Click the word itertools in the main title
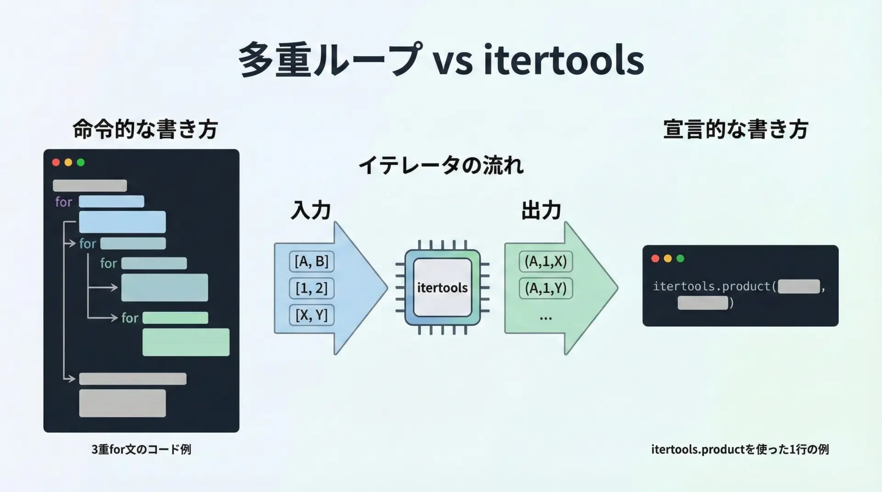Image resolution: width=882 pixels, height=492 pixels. (564, 60)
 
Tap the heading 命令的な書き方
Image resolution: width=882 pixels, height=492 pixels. (145, 129)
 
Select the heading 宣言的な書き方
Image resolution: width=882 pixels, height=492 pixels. (735, 129)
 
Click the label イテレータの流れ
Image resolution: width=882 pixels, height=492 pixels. (441, 165)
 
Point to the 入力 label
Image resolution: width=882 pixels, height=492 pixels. (311, 210)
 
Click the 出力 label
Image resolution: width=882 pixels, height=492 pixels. (541, 210)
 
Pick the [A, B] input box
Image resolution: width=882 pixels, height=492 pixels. (311, 262)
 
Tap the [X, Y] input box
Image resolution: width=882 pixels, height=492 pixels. (311, 315)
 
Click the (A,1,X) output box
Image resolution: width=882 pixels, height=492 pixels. (546, 262)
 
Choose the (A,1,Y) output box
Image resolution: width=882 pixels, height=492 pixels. (546, 288)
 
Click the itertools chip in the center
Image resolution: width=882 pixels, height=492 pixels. (442, 288)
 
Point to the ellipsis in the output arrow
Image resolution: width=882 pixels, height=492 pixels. (546, 318)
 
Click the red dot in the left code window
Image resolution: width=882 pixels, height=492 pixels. (56, 162)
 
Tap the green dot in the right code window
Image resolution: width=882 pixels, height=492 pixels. (680, 258)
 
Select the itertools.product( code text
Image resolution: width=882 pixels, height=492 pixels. (715, 286)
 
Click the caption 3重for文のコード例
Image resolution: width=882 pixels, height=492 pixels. (141, 449)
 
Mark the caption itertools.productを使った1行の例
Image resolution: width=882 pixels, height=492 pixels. (740, 449)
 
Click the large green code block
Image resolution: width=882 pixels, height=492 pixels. (186, 342)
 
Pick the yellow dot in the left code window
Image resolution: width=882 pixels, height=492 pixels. (68, 162)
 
